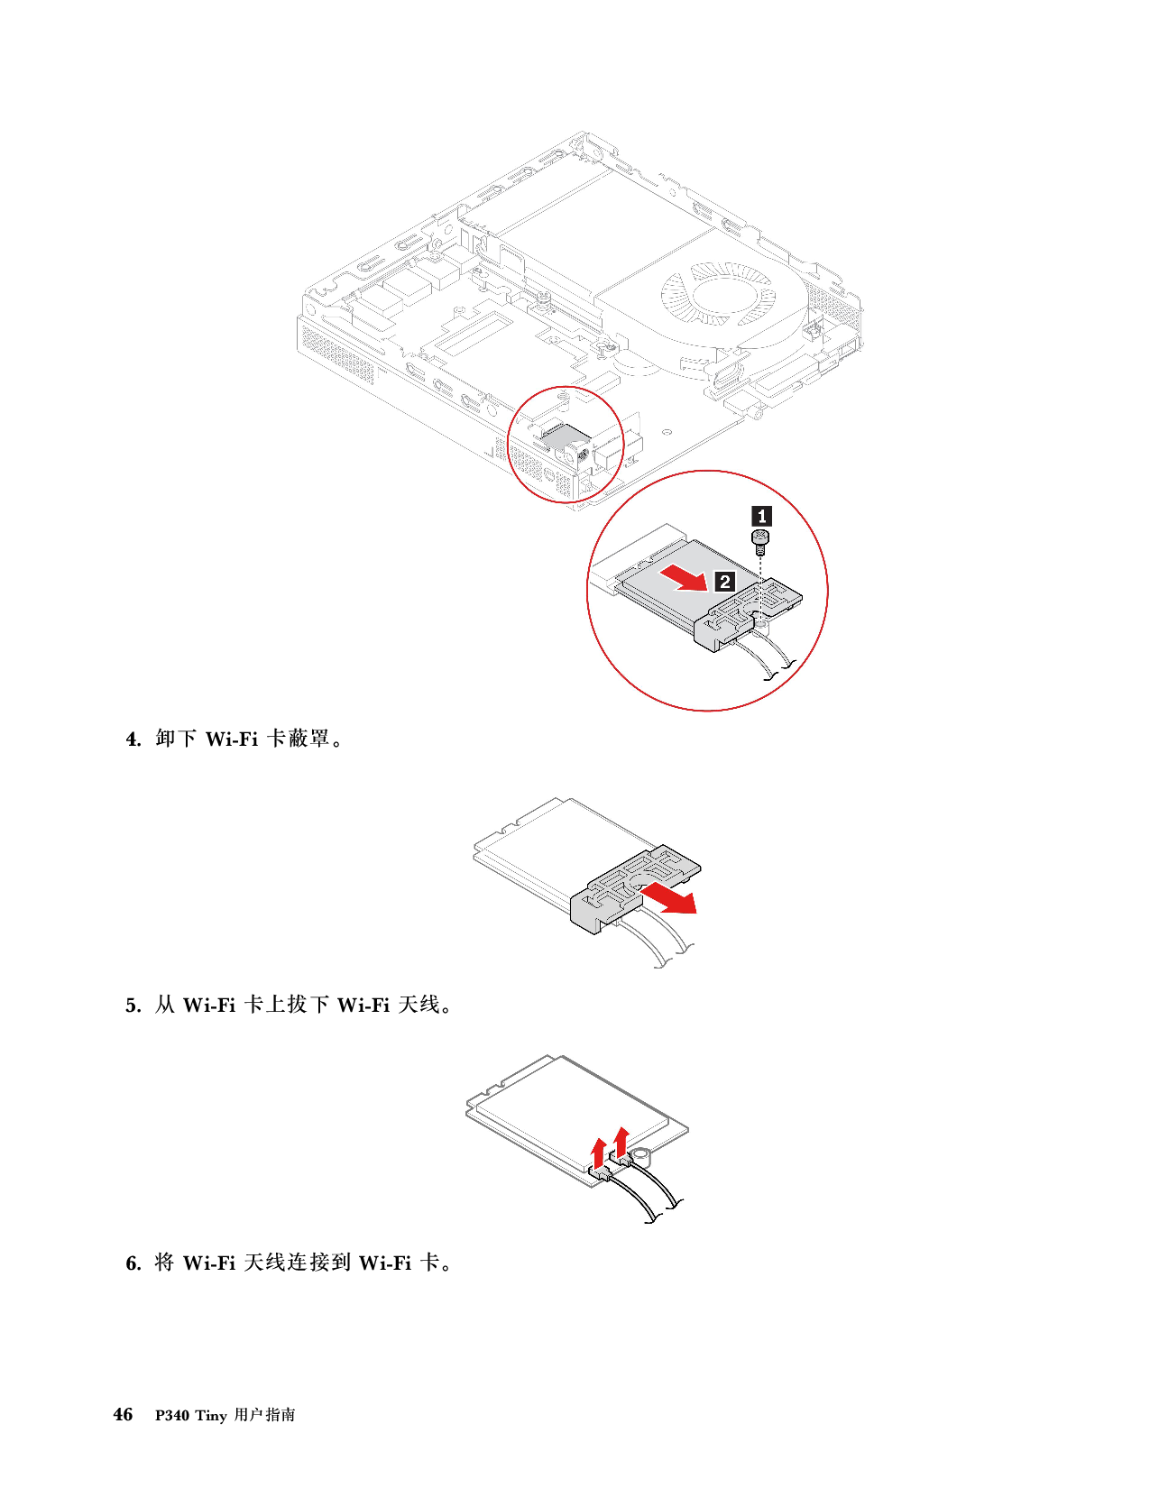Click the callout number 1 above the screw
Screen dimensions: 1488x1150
point(761,516)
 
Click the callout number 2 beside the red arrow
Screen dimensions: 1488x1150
point(724,582)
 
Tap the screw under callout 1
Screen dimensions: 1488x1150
point(760,542)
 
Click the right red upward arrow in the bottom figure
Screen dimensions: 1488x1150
point(621,1139)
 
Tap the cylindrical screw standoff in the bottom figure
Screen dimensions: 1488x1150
point(642,1155)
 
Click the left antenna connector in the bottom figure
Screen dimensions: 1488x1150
point(599,1173)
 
